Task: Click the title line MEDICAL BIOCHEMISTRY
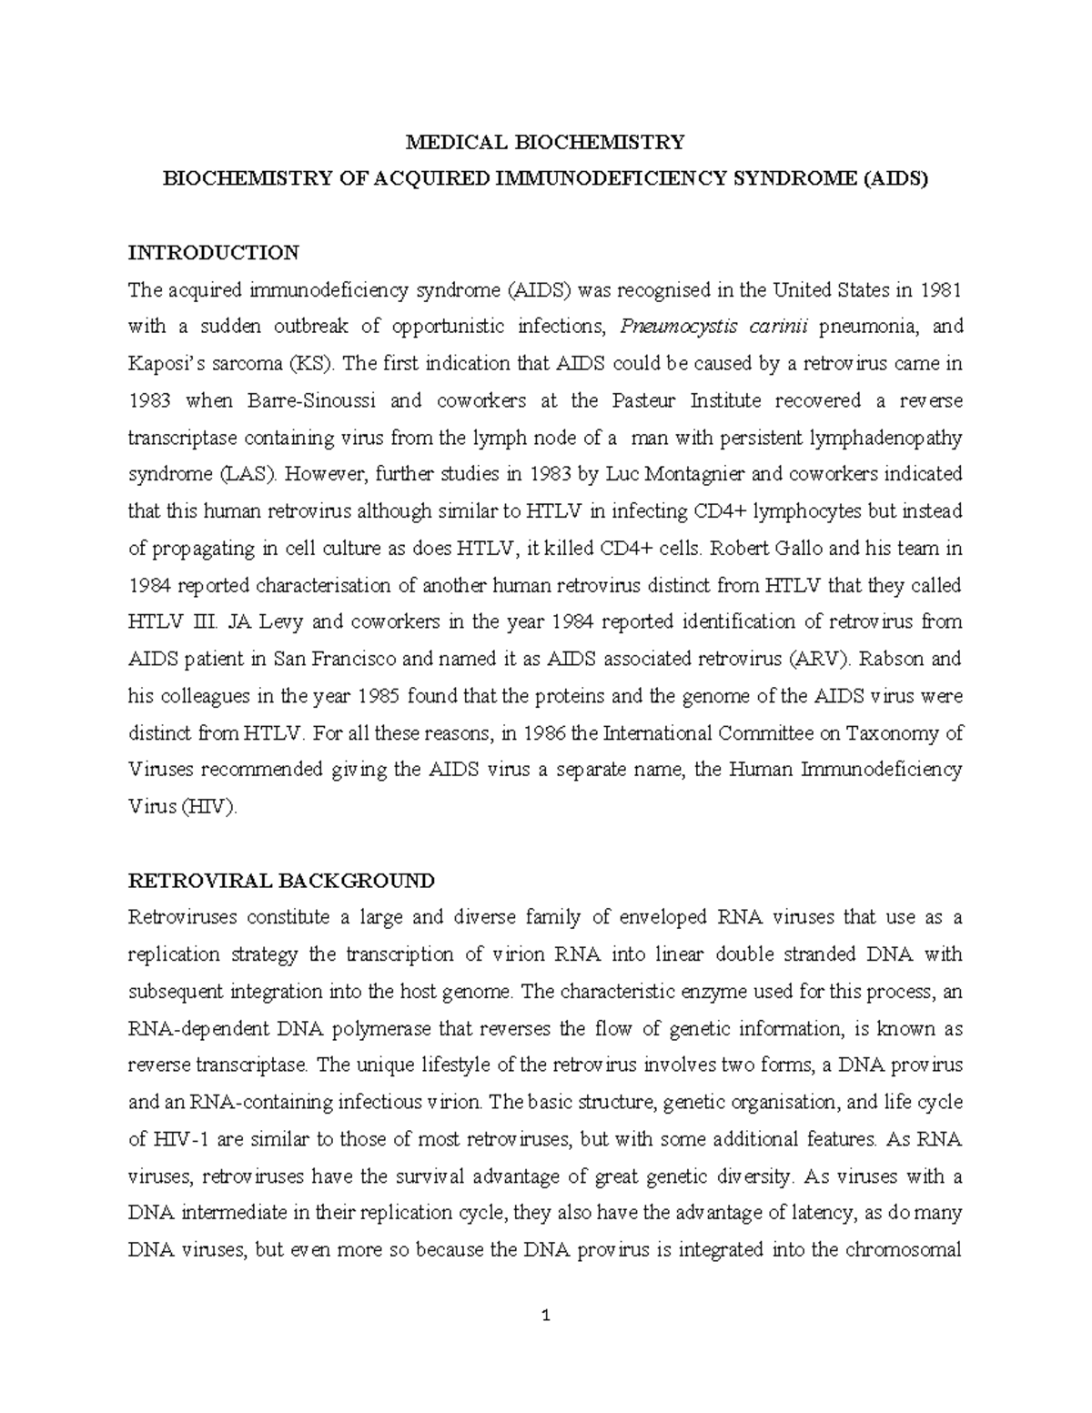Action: click(544, 142)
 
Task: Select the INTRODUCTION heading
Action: click(213, 252)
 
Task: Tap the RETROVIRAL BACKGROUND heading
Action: click(281, 881)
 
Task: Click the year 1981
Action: click(938, 290)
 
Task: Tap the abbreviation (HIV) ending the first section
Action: click(209, 807)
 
